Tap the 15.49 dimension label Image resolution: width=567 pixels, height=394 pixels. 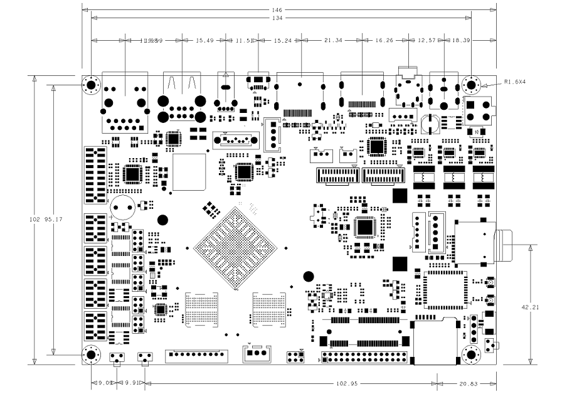(205, 41)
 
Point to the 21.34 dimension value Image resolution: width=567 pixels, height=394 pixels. (332, 41)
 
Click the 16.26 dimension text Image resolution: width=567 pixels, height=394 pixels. (384, 41)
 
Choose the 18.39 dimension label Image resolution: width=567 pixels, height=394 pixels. (461, 41)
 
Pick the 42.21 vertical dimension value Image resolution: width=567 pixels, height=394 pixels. (543, 307)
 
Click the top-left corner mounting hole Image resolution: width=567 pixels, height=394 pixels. (91, 85)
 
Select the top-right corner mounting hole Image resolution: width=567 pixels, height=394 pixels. (471, 85)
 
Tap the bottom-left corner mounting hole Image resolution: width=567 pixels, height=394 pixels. (91, 355)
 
